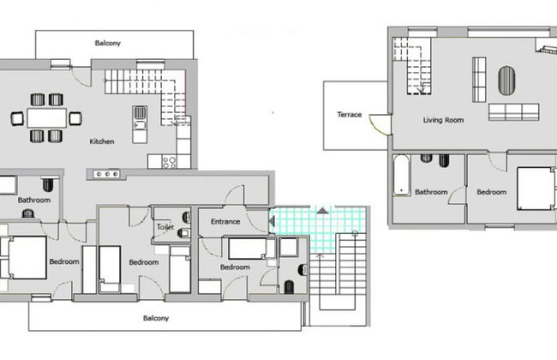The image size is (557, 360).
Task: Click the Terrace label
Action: point(349,115)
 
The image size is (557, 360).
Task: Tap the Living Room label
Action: point(443,120)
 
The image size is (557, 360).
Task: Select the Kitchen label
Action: point(102,141)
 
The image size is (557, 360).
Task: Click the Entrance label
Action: point(225,221)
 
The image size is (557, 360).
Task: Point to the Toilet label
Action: point(165,227)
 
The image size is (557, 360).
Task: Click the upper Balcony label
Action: point(108,43)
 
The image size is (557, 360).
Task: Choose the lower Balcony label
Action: point(156,318)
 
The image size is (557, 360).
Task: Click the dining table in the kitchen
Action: point(46,118)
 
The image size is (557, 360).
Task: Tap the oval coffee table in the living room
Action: point(506,81)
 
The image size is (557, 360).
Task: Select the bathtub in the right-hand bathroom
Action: point(401,175)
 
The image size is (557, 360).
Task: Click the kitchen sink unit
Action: point(140,124)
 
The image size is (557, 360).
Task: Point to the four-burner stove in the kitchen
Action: point(169,162)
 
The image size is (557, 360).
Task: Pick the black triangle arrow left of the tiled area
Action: point(272,221)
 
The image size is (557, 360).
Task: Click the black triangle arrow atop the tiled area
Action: point(322,211)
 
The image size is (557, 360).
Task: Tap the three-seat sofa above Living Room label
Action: point(513,112)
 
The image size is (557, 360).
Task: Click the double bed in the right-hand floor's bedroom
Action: point(536,189)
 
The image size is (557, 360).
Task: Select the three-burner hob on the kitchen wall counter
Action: point(106,174)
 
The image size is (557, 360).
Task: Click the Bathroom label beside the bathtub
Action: point(431,192)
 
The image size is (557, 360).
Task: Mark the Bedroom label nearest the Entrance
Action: point(235,267)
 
